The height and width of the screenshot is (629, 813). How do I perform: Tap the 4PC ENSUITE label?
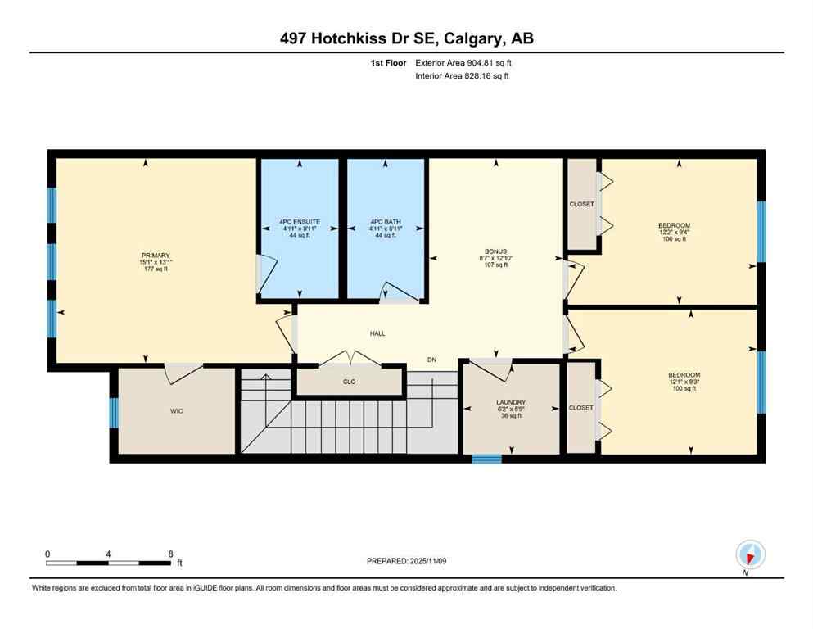click(299, 222)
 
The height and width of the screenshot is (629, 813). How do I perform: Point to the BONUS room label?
click(495, 251)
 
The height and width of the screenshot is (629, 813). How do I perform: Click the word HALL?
click(377, 333)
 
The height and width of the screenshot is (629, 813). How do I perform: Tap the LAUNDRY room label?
click(510, 402)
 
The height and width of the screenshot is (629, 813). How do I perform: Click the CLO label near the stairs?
click(349, 381)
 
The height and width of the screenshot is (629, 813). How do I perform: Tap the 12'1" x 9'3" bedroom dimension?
click(681, 380)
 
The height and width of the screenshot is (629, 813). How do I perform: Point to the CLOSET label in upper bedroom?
click(581, 204)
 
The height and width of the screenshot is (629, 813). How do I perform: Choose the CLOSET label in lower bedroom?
click(581, 407)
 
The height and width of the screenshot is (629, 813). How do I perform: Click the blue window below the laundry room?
click(486, 459)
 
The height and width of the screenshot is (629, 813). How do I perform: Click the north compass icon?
click(749, 554)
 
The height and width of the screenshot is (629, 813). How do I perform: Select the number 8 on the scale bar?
click(169, 554)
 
